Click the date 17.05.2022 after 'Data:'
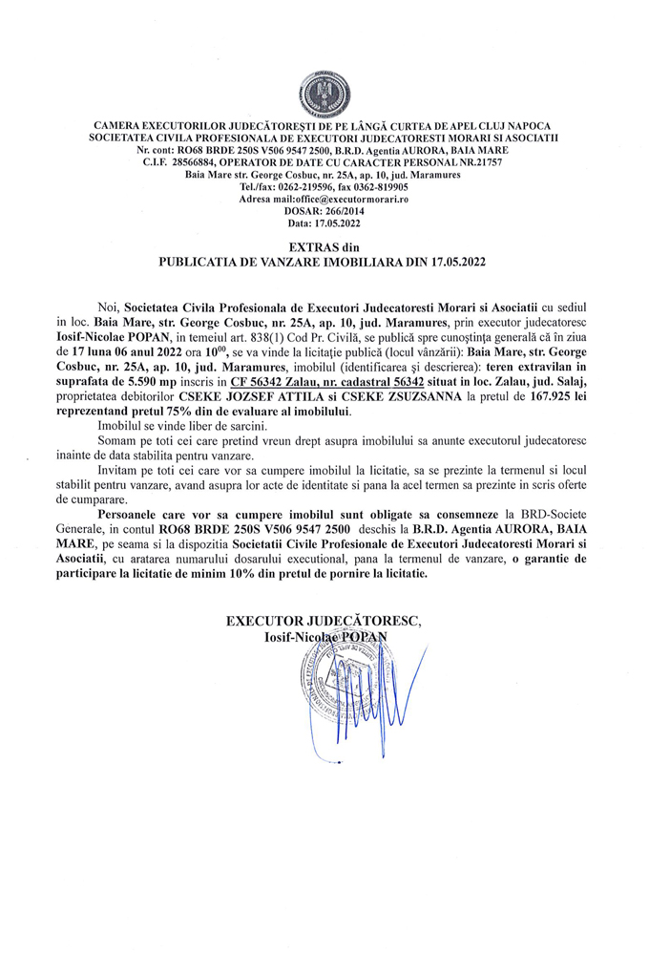pyautogui.click(x=341, y=223)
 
